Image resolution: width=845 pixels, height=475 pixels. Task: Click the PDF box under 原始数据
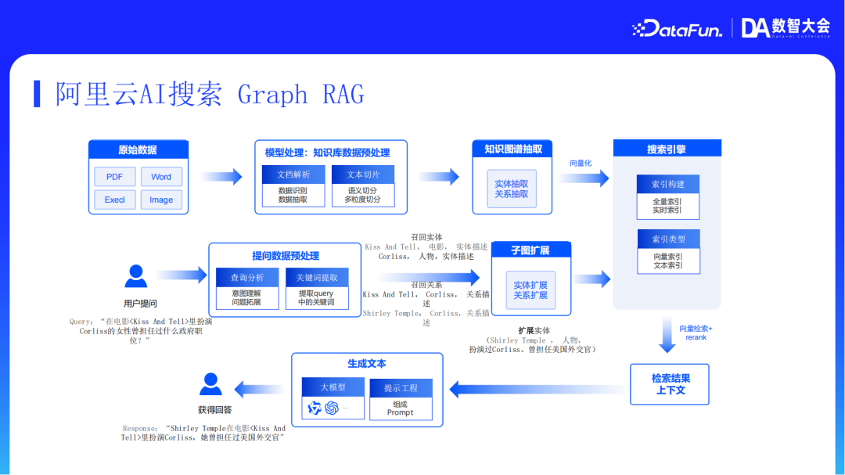tap(114, 177)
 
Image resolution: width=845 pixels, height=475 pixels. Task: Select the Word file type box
tap(161, 177)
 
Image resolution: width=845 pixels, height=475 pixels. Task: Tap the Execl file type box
tap(114, 200)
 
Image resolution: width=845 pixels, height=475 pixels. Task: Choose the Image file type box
tap(161, 200)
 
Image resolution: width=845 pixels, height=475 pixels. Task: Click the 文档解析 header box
tap(293, 175)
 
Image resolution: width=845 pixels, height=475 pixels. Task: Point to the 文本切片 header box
tap(362, 175)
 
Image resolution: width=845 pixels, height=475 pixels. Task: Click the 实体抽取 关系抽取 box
tap(512, 189)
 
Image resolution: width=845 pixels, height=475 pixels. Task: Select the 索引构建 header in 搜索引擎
tap(667, 184)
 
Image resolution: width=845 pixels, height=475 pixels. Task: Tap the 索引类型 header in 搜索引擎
tap(667, 239)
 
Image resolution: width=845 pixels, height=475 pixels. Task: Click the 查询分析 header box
tap(247, 278)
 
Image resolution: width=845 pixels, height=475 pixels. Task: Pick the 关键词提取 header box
tap(316, 278)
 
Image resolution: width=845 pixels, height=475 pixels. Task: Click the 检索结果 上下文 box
tap(670, 383)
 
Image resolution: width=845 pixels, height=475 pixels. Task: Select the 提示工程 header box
tap(401, 388)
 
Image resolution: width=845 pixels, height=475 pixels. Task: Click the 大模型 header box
tap(333, 387)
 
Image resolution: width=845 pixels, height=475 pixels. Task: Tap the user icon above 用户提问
tap(136, 276)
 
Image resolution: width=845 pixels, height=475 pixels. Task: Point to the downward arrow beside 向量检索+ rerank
tap(667, 335)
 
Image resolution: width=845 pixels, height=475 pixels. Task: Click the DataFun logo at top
tap(677, 29)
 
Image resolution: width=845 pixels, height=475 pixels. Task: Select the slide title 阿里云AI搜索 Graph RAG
tap(210, 95)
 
